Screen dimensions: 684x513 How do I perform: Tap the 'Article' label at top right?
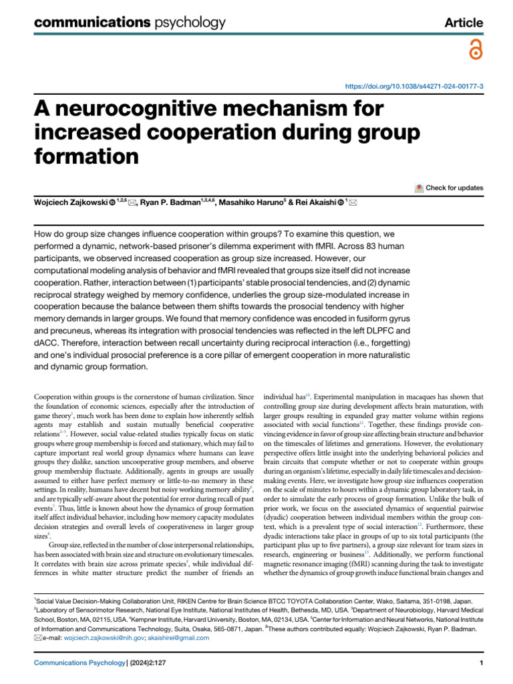point(464,23)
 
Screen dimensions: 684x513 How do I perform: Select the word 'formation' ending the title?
point(86,156)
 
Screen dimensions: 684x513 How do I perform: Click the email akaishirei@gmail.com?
point(184,637)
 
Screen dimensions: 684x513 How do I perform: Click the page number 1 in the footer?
point(481,663)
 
